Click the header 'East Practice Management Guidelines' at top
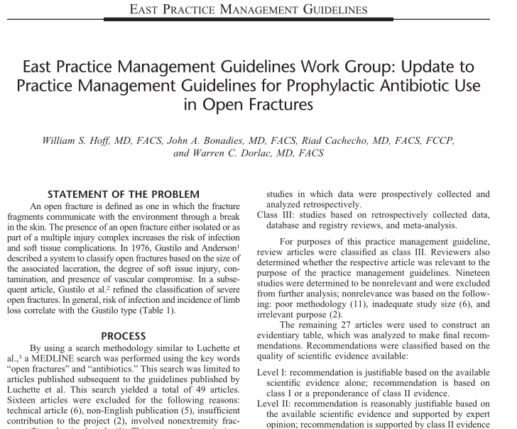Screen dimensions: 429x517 click(x=258, y=9)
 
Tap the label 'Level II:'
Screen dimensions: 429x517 click(x=276, y=403)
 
